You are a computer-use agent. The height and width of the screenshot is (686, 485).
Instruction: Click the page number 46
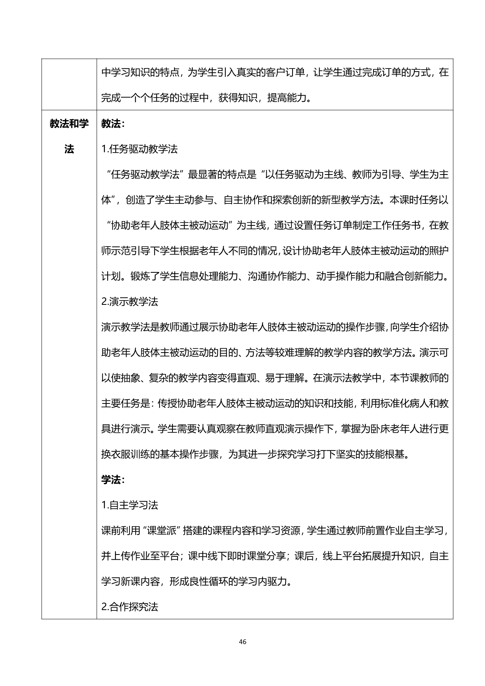(242, 641)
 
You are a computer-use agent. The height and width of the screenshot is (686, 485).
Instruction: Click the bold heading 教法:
(113, 124)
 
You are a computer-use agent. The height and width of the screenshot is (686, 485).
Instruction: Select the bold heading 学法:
(113, 480)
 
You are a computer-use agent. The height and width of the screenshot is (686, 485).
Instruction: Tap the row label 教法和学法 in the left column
(69, 136)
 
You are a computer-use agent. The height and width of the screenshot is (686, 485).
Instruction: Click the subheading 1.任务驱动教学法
(139, 149)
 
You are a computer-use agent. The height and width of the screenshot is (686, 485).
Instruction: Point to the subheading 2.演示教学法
(129, 302)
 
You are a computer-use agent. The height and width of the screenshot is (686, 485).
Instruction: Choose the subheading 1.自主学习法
(129, 505)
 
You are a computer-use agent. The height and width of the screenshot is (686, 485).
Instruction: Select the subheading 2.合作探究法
(129, 607)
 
